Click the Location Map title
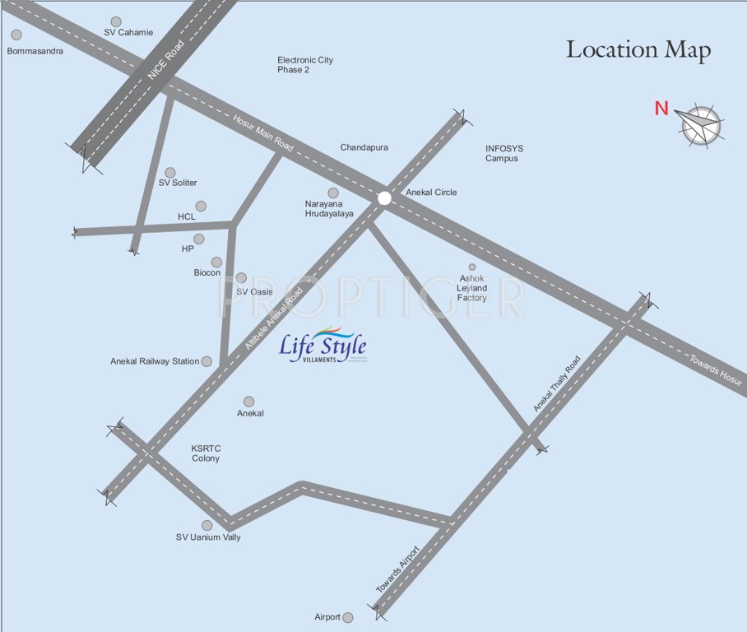638,50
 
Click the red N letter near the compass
661,108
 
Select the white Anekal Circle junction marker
384,197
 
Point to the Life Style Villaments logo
322,348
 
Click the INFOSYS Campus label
503,154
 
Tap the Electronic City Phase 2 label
305,65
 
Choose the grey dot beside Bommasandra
16,35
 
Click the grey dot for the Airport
348,617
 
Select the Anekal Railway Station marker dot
206,361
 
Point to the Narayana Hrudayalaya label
329,208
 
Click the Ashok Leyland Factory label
472,288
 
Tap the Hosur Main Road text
262,132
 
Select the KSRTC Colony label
206,453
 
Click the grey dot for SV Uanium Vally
207,525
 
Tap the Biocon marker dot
216,262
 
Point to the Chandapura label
364,147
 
